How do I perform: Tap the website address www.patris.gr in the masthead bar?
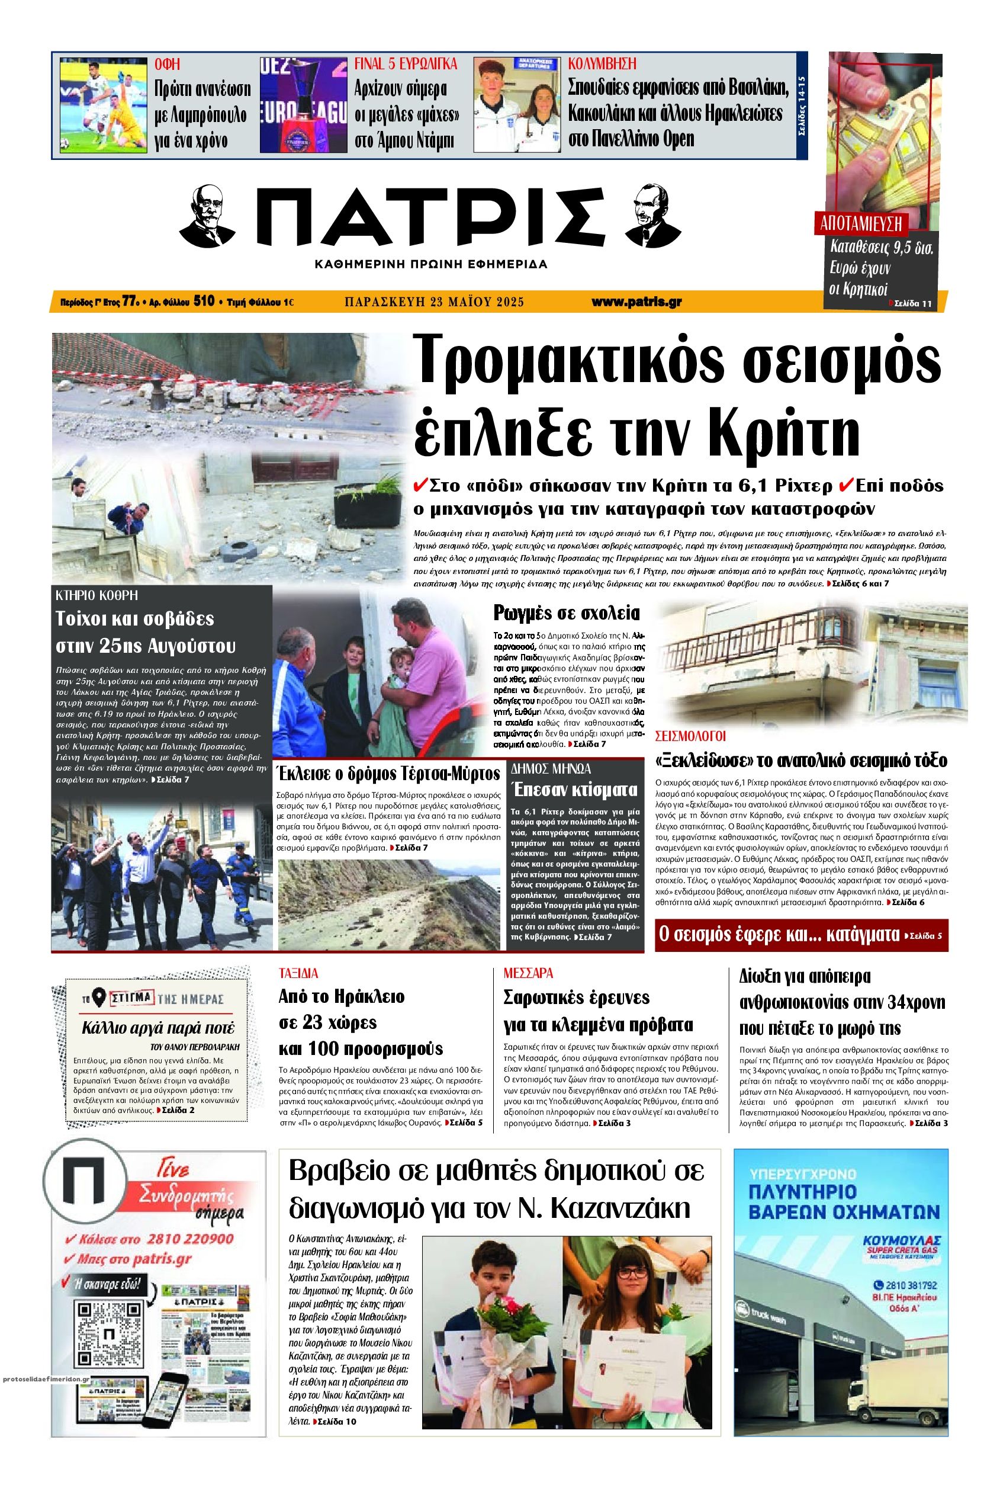click(636, 302)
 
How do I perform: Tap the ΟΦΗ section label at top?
click(167, 64)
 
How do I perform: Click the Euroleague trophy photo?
click(303, 105)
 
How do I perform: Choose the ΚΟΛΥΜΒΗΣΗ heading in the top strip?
click(602, 64)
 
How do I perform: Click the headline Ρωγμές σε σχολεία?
click(567, 613)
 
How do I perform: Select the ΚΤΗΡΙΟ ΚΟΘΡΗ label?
click(97, 595)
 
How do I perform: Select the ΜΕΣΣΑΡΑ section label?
click(528, 974)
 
